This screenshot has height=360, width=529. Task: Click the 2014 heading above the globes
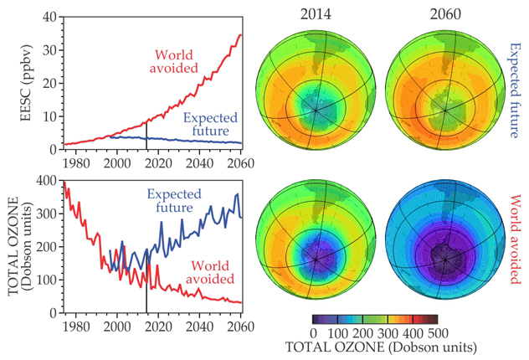click(x=314, y=14)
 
